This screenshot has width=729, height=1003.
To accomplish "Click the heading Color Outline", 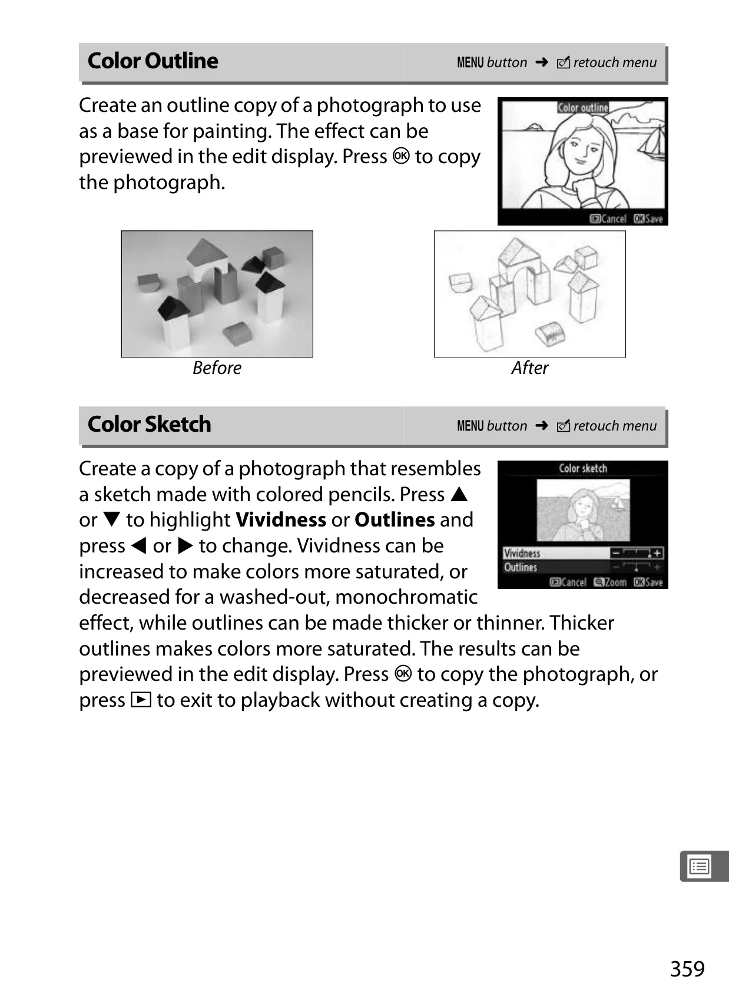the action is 153,61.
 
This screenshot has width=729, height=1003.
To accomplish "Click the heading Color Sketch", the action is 149,424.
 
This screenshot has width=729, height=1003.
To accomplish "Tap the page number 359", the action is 687,969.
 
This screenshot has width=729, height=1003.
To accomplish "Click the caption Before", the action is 217,368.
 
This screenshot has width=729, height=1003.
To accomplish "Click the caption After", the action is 530,368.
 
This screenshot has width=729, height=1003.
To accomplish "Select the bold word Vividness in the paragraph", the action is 281,520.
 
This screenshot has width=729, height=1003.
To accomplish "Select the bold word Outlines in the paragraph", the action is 395,520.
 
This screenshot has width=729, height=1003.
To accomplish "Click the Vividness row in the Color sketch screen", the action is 582,554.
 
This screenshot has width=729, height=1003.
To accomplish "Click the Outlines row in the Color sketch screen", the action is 582,567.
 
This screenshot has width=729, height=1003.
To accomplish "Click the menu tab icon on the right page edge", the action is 699,866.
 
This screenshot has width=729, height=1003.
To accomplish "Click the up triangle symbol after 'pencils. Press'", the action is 459,494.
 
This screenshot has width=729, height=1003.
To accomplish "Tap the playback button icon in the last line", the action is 141,700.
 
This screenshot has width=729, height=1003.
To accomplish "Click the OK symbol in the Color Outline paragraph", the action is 401,156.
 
